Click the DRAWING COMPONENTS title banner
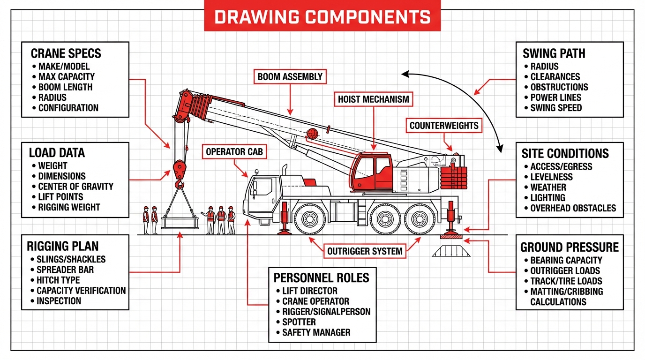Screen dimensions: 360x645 pos(322,16)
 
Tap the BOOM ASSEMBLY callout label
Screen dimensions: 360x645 pos(290,77)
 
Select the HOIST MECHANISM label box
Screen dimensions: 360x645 pos(374,99)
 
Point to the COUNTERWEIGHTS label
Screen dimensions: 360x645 pos(443,126)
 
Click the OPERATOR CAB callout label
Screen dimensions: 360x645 pos(235,152)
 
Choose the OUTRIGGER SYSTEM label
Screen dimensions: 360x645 pos(365,251)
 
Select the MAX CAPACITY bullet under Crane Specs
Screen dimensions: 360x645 pos(66,77)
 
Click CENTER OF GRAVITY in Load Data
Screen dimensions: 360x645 pos(75,187)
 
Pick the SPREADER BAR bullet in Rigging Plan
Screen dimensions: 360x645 pos(65,270)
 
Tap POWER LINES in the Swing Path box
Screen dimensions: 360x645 pos(555,97)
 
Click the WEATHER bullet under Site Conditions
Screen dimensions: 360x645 pos(548,187)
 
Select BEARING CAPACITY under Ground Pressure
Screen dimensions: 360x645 pos(566,260)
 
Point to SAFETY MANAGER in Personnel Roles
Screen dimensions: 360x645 pos(316,332)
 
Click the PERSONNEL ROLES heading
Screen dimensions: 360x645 pos(322,277)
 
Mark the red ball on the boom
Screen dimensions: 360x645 pos(312,134)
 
